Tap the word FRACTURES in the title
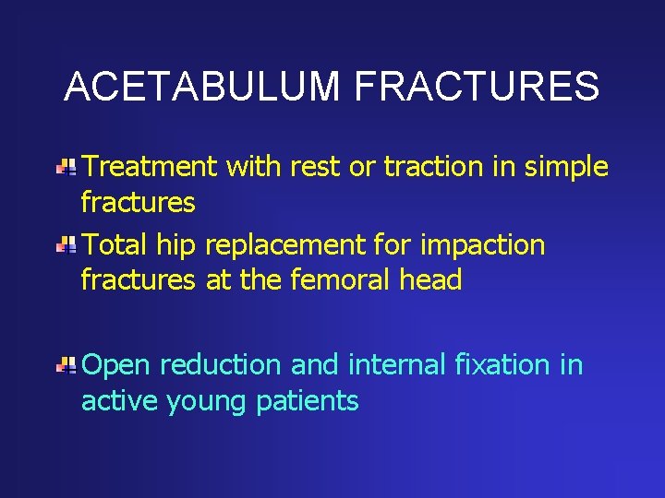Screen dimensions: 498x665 [x=477, y=88]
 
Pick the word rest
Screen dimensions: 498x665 [x=319, y=167]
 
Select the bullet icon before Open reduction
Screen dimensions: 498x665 [x=66, y=366]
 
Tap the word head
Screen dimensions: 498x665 [x=431, y=279]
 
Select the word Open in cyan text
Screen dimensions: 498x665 [x=116, y=366]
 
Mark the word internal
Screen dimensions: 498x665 [x=389, y=365]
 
